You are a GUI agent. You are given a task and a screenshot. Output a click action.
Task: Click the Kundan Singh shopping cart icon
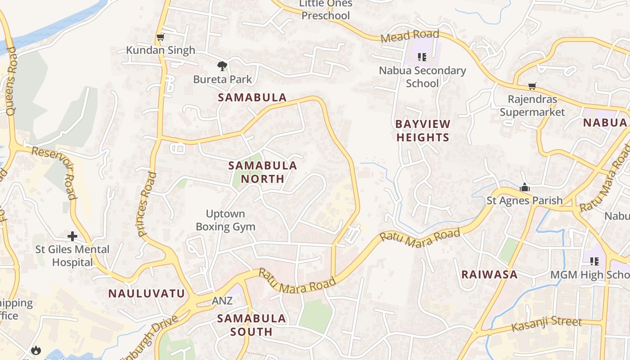coord(160,37)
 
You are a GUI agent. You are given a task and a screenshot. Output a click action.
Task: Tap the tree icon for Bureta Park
coord(222,66)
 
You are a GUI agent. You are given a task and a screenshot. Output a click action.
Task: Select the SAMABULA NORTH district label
coord(263,172)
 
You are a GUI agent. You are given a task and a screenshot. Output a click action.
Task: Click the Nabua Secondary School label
coord(422,77)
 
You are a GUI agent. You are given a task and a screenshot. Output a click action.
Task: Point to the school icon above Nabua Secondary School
coord(422,57)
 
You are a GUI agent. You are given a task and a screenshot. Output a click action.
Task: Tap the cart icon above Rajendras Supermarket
coord(532,85)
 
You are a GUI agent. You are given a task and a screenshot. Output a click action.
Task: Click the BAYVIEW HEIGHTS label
coord(423,130)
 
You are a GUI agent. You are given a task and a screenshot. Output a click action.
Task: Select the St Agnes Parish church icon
coord(524,187)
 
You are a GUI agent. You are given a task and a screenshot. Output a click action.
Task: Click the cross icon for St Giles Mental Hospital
coord(72,236)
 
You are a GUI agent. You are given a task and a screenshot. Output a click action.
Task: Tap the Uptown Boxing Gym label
coord(225,220)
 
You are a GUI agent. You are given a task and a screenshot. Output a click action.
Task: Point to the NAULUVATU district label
coord(146,294)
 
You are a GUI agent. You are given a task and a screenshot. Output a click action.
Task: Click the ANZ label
coord(222,301)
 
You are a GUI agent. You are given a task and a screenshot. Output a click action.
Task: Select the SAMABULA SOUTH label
coord(252,325)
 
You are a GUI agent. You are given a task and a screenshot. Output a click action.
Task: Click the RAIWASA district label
coord(489,274)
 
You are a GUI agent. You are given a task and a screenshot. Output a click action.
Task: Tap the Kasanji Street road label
coord(547,324)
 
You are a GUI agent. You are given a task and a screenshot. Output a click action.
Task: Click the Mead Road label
coord(409,36)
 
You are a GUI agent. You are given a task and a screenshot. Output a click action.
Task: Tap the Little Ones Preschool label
coord(325,10)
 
